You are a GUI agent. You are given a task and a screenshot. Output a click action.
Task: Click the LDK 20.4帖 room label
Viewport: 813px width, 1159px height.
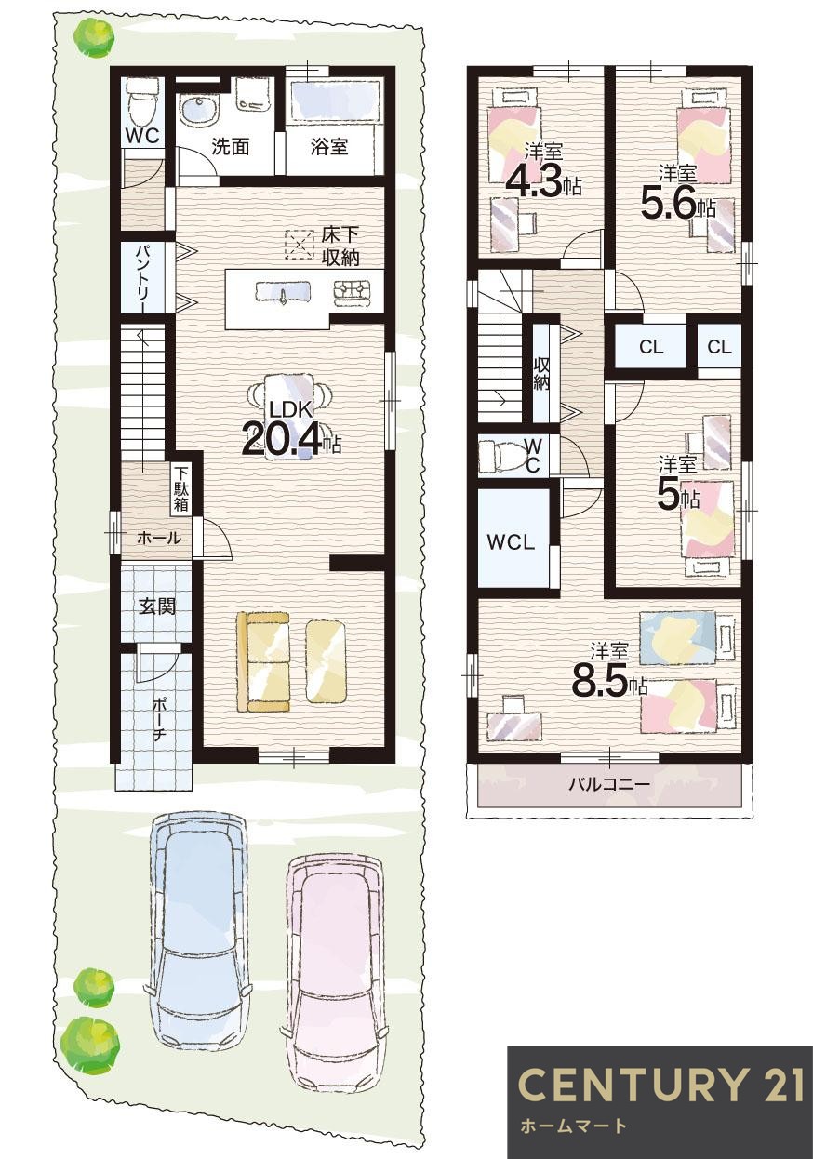(x=290, y=429)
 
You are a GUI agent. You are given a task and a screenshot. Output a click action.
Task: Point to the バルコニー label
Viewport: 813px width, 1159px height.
(x=609, y=784)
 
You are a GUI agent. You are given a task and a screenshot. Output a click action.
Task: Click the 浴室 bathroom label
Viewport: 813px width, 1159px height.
(x=329, y=146)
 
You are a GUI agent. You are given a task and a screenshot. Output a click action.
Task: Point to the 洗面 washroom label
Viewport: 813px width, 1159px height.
(x=229, y=146)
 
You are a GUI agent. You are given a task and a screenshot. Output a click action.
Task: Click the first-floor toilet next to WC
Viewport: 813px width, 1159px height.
(x=141, y=101)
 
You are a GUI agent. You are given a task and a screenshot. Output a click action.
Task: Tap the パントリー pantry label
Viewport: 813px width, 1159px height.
(x=143, y=277)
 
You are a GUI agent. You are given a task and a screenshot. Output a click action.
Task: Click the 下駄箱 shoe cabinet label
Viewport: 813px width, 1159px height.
(x=180, y=489)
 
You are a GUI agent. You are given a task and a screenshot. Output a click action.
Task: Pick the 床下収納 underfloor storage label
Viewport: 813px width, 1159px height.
(x=340, y=246)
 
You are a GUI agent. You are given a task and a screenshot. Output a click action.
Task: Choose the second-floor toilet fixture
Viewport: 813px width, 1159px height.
(x=503, y=456)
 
